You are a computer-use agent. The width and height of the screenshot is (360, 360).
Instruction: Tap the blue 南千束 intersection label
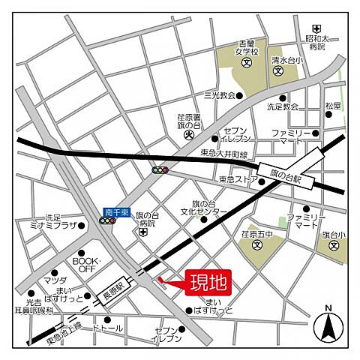tap(117, 213)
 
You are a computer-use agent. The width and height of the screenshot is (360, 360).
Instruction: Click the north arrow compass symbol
tap(327, 324)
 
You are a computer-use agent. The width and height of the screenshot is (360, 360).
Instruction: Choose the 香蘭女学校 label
tap(250, 47)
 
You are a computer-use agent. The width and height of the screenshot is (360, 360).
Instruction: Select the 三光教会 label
tap(219, 95)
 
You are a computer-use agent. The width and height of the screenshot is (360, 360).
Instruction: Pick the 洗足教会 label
tap(283, 107)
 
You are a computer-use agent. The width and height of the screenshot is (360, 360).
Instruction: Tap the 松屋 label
tap(333, 106)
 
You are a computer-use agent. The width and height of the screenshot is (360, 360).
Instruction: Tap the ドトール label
tap(107, 328)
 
